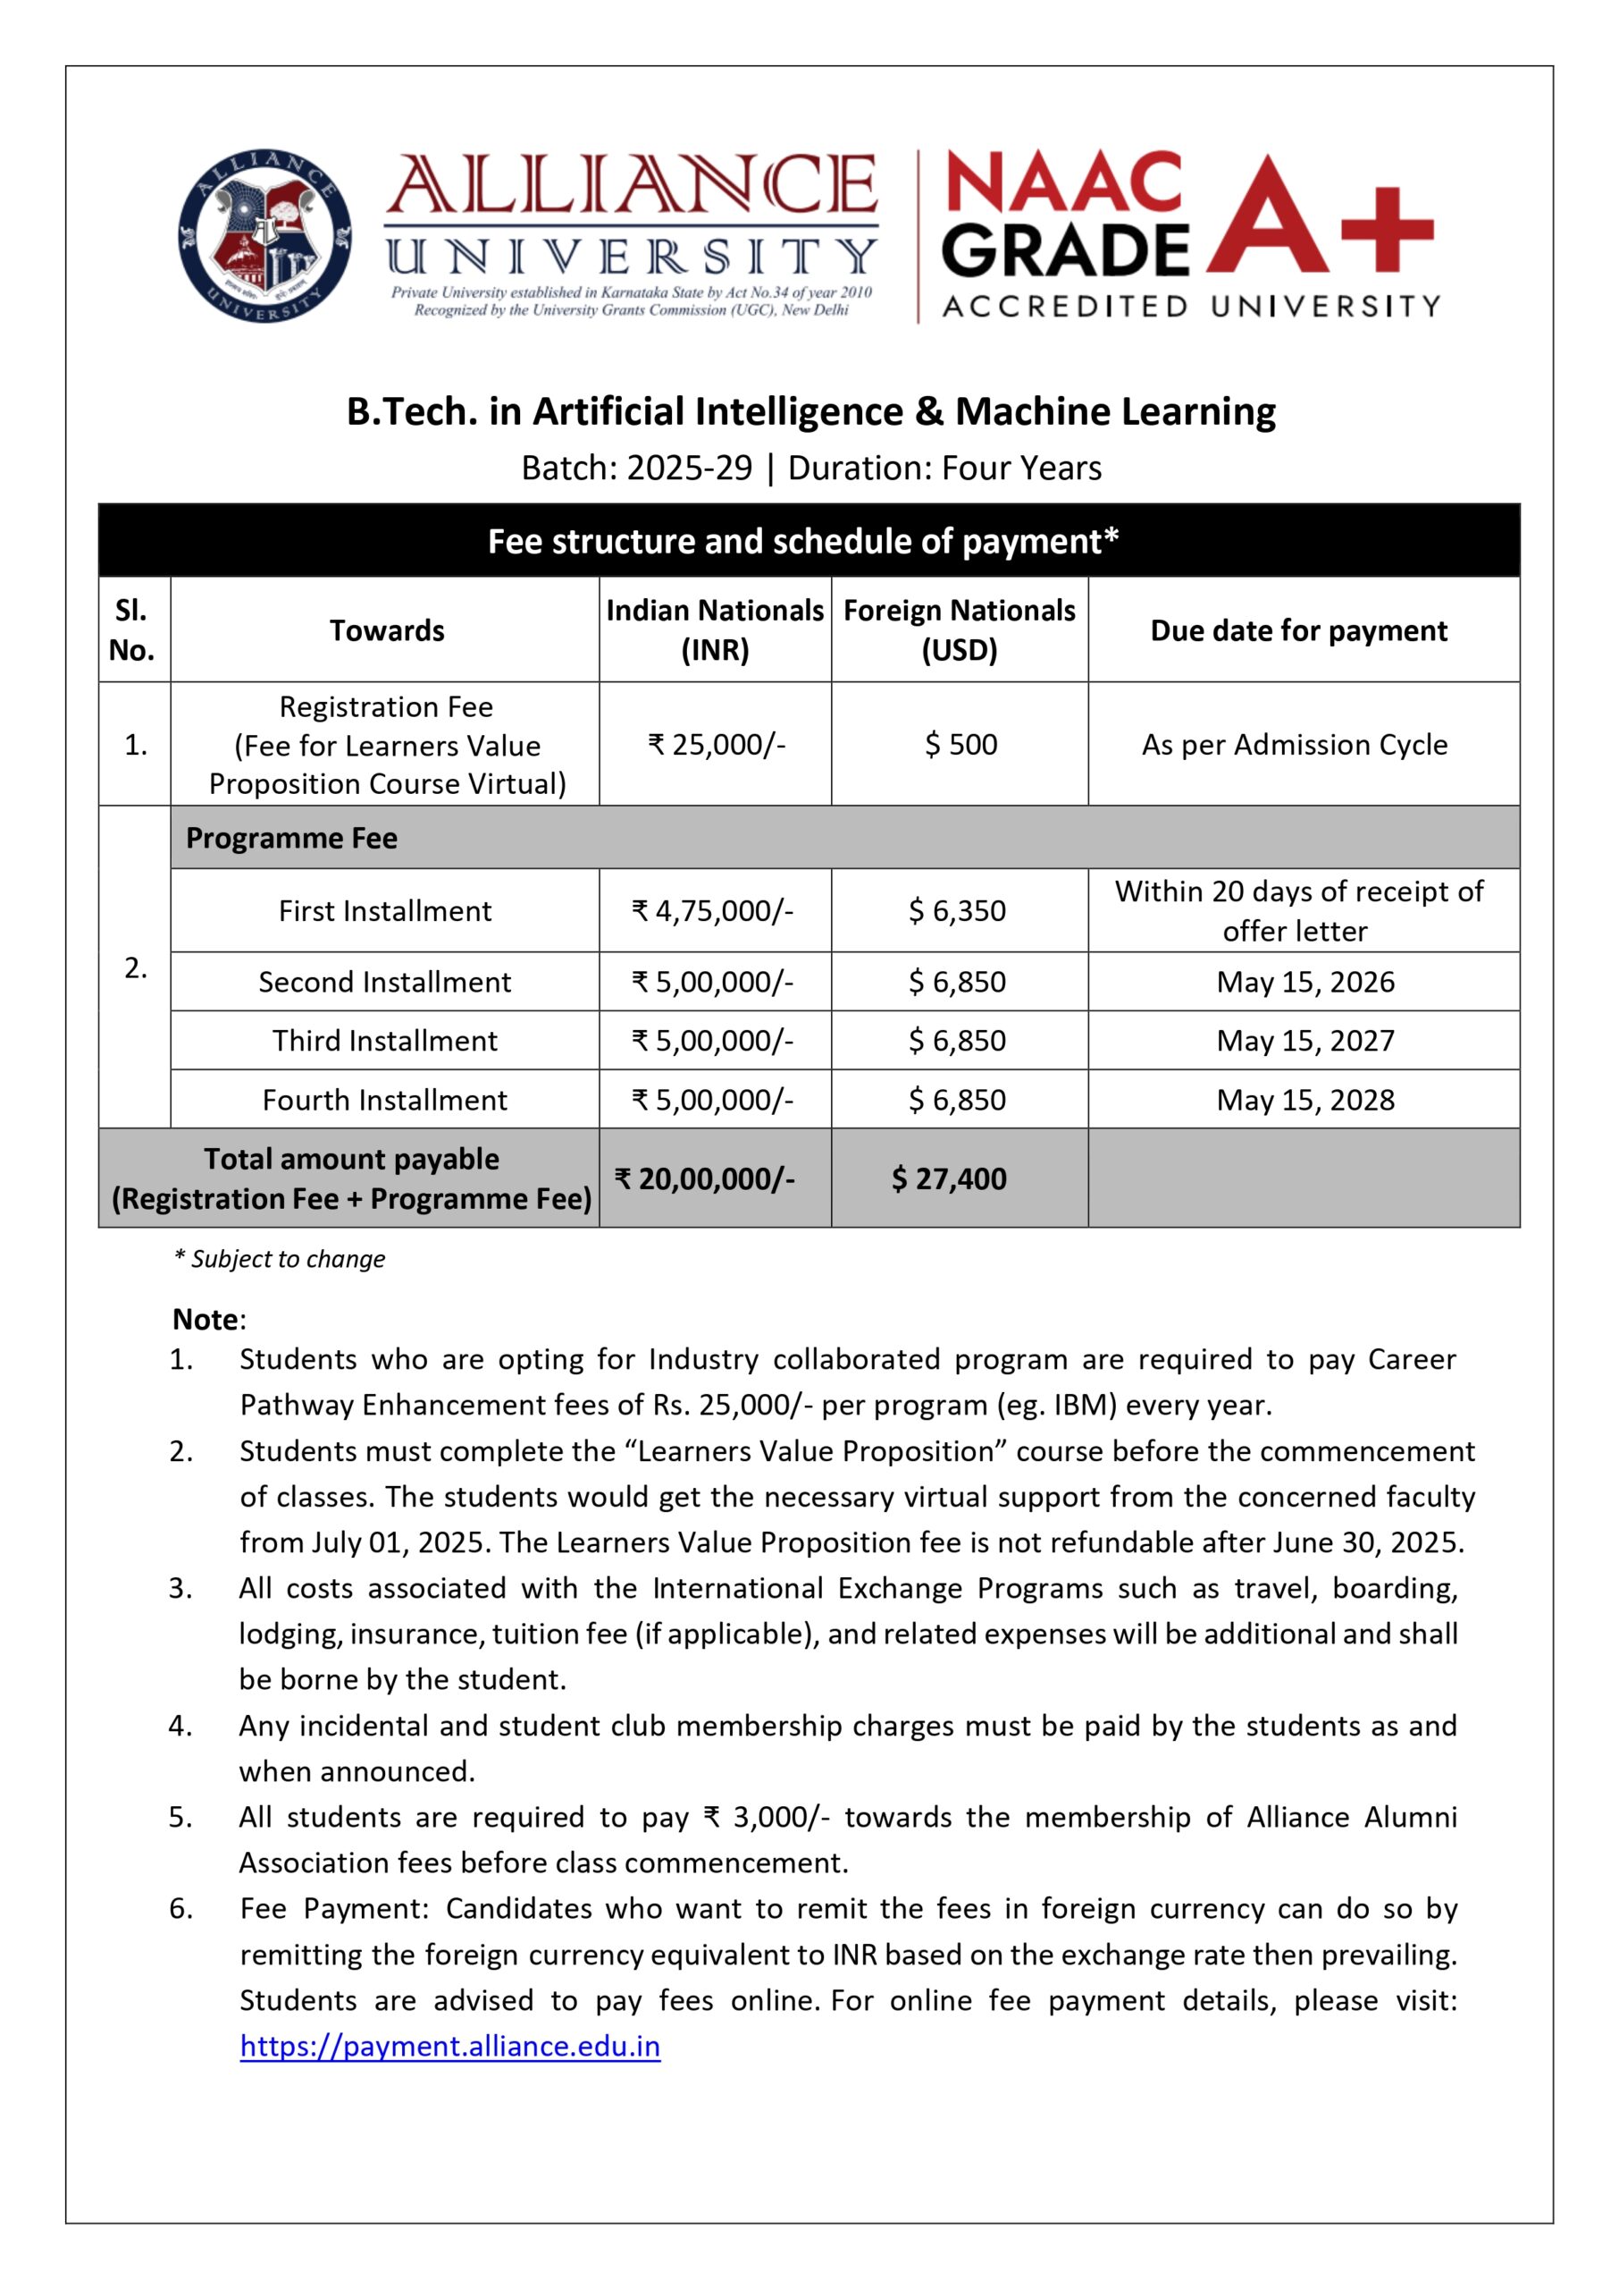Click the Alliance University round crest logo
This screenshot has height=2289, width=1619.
264,236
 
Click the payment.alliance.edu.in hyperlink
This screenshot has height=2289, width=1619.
449,2046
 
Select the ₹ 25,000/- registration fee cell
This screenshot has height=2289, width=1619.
716,744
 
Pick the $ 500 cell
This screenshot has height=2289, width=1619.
960,744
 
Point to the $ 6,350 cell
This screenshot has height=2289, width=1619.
957,910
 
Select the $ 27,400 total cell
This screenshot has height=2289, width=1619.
948,1178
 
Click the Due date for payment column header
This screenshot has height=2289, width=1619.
1298,630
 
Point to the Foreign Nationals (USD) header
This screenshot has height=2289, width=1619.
959,630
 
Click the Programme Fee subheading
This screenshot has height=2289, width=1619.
291,838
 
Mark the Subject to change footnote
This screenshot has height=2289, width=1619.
281,1259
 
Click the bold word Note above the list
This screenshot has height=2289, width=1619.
206,1320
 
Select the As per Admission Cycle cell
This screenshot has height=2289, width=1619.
1294,745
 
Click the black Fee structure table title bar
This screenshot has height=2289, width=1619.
809,541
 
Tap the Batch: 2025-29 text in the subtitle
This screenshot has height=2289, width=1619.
636,468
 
